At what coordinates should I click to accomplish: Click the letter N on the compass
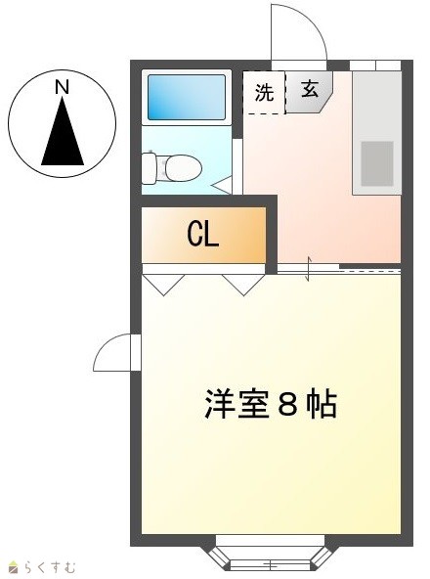tap(62, 87)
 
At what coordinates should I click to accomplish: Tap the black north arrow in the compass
tap(63, 131)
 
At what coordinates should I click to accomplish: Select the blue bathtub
tap(187, 97)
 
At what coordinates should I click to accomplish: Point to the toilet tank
tap(149, 169)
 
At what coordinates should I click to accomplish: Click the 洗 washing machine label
tap(264, 92)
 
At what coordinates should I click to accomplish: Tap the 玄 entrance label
tap(310, 89)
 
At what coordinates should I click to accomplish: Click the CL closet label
tap(203, 235)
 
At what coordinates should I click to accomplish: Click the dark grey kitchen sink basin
tap(377, 163)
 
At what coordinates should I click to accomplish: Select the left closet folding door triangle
tap(163, 285)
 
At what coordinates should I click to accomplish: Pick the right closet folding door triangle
tap(243, 285)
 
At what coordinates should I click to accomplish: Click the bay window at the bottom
tap(270, 557)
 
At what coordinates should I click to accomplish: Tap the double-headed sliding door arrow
tap(309, 268)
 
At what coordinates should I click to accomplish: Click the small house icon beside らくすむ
tap(14, 567)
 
